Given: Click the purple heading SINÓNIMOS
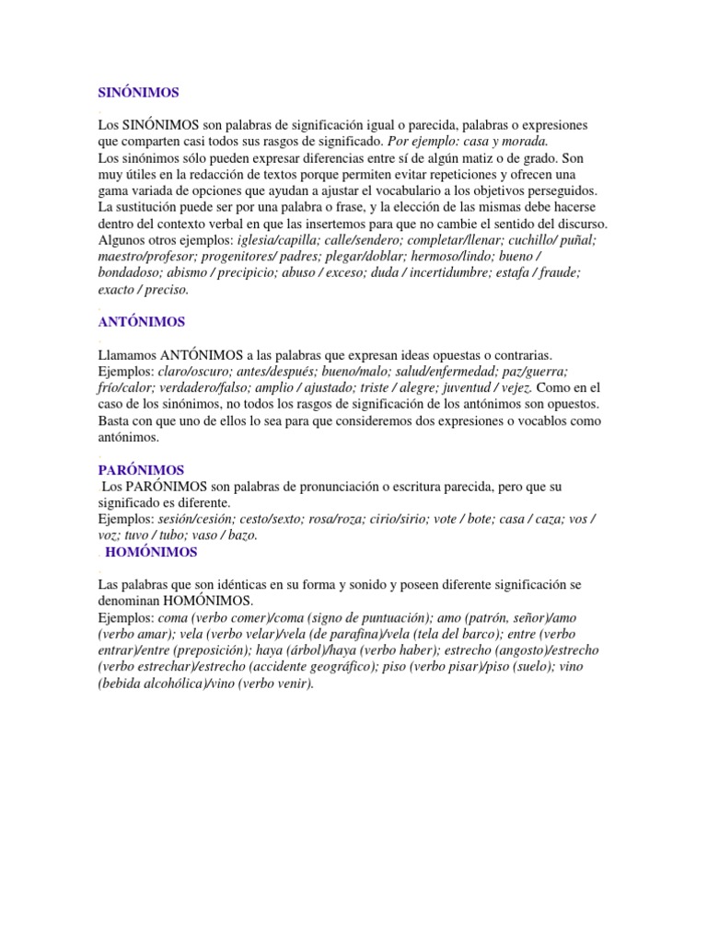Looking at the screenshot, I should coord(138,93).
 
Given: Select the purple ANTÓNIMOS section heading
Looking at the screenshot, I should coord(141,322).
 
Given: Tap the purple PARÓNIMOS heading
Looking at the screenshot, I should coord(141,470).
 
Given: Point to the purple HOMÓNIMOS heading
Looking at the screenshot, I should coord(151,552).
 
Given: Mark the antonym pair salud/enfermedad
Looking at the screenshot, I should coord(432,371).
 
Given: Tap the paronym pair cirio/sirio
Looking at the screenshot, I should coord(393,519).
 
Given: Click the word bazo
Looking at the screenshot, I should coord(241,535).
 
